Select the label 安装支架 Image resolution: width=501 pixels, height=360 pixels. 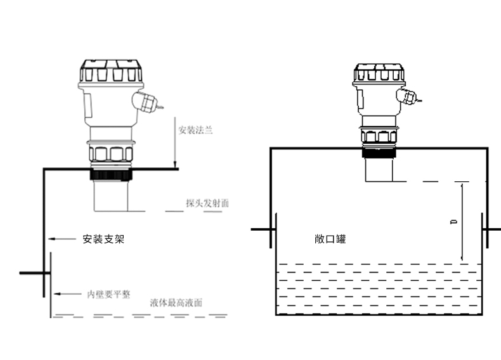point(101,240)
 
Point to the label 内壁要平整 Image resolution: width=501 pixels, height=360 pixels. point(108,294)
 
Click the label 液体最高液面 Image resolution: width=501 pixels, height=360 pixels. point(176,302)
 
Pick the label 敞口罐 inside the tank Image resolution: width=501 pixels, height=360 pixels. point(330,239)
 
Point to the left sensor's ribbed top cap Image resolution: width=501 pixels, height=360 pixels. point(112,72)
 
